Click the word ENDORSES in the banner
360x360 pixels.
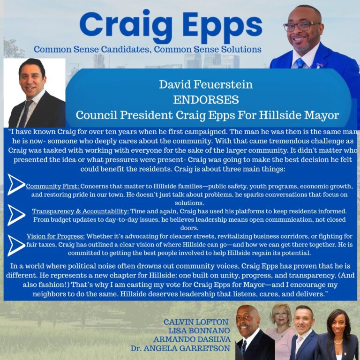point(206,100)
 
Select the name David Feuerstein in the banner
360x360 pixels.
point(206,84)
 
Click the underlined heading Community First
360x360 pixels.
point(52,186)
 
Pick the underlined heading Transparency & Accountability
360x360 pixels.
point(80,211)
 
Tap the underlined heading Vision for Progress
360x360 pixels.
point(56,236)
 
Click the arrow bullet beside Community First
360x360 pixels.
point(16,184)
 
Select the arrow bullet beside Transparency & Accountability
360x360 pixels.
point(16,215)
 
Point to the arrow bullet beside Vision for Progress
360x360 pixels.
point(16,245)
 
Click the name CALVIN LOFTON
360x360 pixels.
point(196,322)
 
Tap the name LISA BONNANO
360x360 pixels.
point(199,330)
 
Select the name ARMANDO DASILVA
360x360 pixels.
point(192,339)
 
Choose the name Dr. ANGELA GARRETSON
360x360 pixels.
point(180,348)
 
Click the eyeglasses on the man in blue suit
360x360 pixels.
point(301,26)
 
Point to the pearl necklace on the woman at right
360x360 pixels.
point(338,342)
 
